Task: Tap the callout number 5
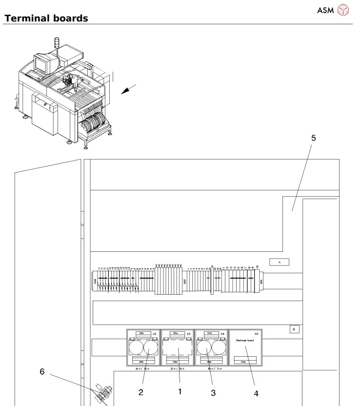click(x=314, y=138)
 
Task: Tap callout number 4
click(x=256, y=393)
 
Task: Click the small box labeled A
click(x=280, y=262)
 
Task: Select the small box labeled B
click(x=294, y=328)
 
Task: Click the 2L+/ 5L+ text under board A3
click(x=178, y=368)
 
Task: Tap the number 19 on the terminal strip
click(x=257, y=267)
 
